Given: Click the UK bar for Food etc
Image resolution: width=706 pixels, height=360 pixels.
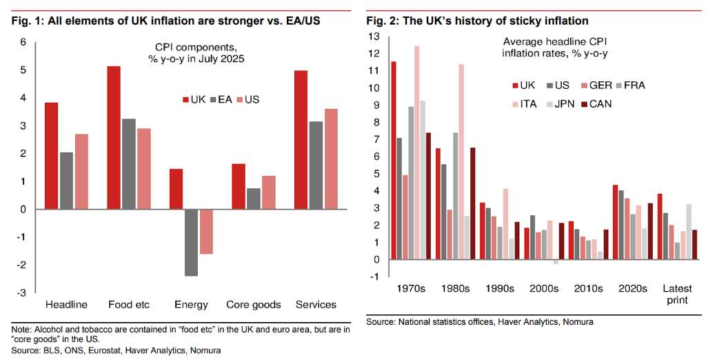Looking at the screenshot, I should tap(113, 138).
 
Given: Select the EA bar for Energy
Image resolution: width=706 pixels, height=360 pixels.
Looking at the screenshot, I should tap(190, 242).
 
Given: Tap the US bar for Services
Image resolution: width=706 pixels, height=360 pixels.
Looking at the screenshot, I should tap(332, 159).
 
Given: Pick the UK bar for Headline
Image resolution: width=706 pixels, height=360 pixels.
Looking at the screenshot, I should tap(51, 156).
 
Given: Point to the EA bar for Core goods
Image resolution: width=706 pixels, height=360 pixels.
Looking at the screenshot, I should tap(253, 199).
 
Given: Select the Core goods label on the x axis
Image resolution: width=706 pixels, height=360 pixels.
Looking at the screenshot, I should tap(254, 305).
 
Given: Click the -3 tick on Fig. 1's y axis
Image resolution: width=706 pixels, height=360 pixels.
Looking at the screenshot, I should tap(23, 293).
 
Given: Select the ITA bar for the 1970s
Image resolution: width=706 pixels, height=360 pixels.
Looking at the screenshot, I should tap(417, 152).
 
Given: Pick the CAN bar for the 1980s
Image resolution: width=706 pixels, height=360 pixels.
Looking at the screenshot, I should tap(472, 203).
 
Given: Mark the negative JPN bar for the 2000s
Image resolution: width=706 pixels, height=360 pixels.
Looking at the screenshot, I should tap(556, 262).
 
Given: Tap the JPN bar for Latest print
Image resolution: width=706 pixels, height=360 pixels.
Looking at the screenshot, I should tap(688, 232).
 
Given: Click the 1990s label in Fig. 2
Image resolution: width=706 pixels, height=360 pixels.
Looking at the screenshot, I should tap(500, 288).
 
